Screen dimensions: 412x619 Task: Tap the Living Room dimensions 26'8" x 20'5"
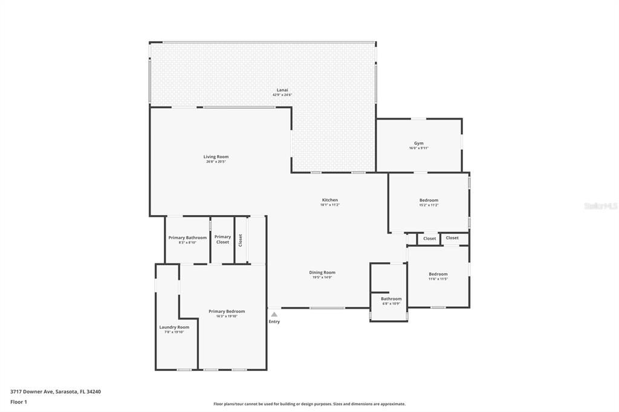[x=216, y=162]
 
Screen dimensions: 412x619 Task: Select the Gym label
[x=418, y=143]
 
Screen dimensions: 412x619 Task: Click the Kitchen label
[x=329, y=200]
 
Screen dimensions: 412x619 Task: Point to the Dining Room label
[x=322, y=272]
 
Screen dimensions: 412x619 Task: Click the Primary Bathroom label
[x=187, y=237]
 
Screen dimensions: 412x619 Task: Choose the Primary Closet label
[x=222, y=239]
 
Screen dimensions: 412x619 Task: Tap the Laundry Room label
[x=174, y=327]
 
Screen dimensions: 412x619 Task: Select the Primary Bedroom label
[x=227, y=311]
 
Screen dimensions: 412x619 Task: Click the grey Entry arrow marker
[x=274, y=314]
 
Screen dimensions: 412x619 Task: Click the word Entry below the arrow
[x=274, y=321]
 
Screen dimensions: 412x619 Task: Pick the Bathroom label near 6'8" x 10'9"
[x=391, y=298]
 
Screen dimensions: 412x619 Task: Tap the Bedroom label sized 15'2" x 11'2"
[x=429, y=200]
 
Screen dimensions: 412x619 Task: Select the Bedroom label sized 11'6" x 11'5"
[x=438, y=274]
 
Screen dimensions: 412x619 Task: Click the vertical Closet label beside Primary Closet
[x=240, y=240]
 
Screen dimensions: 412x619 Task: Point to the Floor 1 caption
[x=19, y=402]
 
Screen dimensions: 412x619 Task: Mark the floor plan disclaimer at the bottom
[x=309, y=404]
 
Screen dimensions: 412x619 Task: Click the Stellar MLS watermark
[x=600, y=206]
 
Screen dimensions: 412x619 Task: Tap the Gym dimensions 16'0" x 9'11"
[x=418, y=148]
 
